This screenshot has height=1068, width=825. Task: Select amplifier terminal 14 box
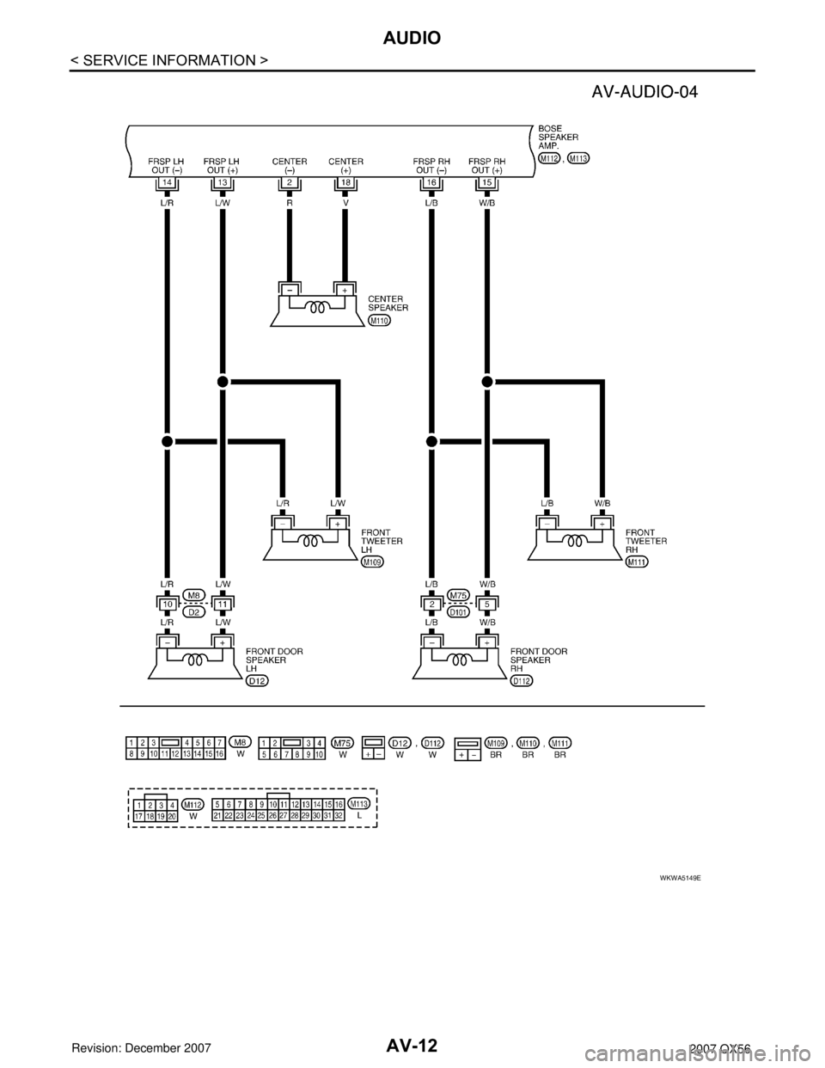point(167,183)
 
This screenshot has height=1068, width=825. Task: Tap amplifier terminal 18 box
point(345,183)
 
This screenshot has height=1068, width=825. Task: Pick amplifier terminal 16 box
point(431,183)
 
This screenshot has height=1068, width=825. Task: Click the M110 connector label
point(379,320)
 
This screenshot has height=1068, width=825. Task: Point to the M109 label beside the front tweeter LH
point(372,562)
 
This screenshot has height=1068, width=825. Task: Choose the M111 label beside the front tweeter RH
point(637,562)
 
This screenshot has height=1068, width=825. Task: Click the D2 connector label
point(195,611)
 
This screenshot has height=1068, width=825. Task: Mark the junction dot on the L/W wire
point(223,380)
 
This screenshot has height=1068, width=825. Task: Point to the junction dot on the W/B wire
point(487,380)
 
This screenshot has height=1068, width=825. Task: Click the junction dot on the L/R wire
point(167,441)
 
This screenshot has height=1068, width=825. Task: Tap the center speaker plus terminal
point(345,291)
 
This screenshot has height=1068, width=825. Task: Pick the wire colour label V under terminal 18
point(345,206)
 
